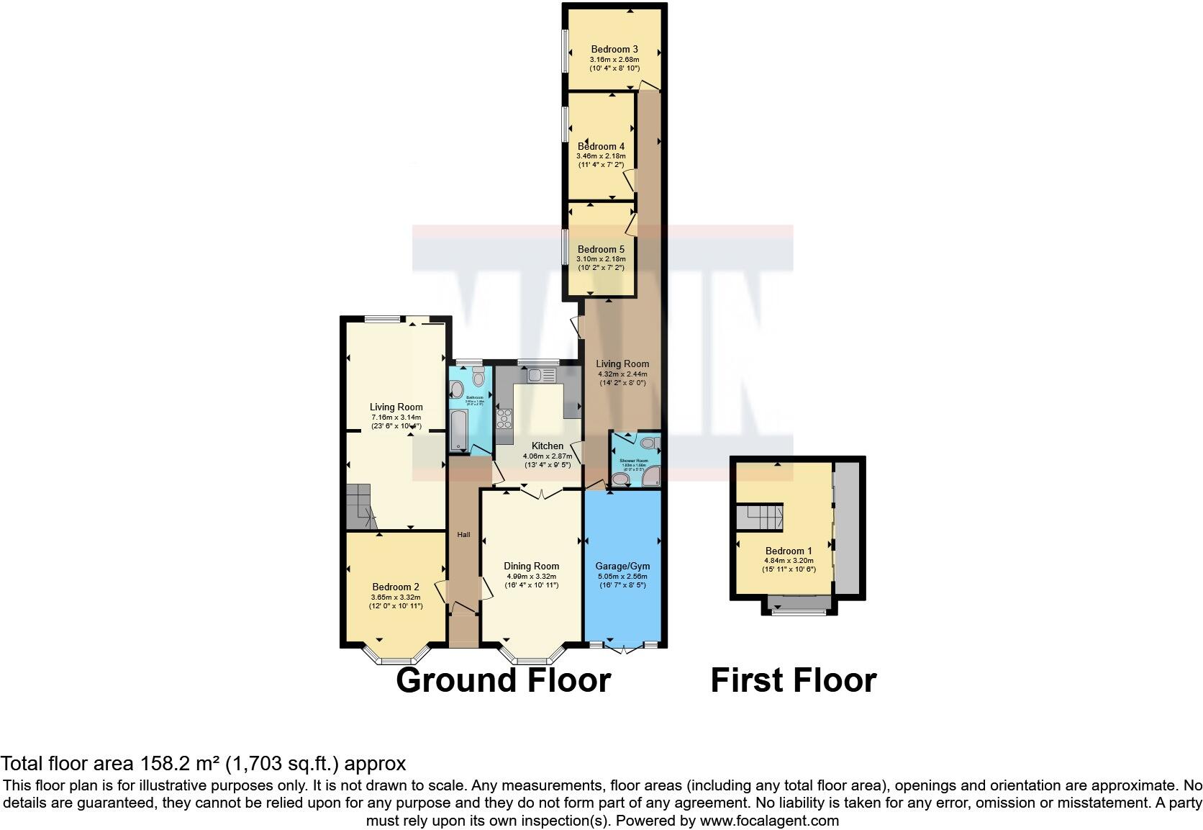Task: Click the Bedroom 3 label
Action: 614,50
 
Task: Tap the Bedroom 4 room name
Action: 601,146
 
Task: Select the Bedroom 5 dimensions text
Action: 601,263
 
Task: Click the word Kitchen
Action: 547,446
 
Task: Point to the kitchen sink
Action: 539,374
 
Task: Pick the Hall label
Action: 464,535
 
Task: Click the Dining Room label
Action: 531,567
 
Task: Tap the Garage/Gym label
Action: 622,567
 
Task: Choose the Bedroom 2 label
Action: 396,587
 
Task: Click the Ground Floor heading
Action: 503,680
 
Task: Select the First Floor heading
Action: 793,680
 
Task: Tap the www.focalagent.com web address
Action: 769,821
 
